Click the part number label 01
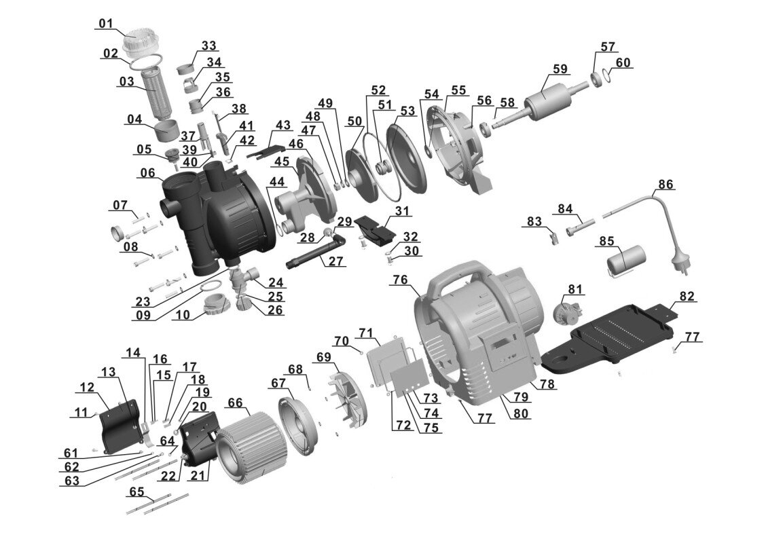[x=105, y=24]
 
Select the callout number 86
[x=665, y=185]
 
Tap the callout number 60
[x=623, y=62]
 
